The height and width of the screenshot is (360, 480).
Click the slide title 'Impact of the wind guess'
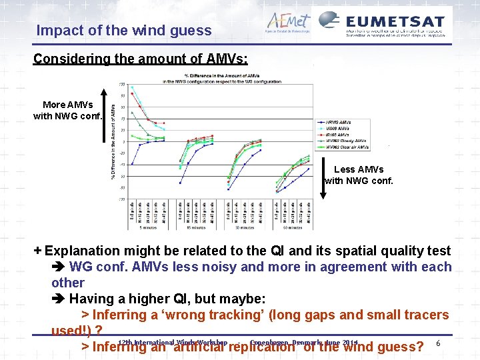point(124,30)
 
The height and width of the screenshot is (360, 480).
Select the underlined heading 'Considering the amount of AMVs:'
point(141,59)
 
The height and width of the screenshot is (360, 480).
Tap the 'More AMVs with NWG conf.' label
point(67,110)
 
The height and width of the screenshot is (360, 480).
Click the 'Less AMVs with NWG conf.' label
point(359,175)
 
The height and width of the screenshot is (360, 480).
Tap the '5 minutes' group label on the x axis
point(147,227)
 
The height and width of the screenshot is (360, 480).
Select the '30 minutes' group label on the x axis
point(244,227)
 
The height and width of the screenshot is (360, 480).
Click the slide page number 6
point(437,343)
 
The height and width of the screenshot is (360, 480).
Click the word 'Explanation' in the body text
point(83,251)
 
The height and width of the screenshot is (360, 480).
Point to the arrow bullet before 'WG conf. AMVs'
point(59,267)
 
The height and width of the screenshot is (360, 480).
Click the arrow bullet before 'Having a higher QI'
point(59,298)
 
